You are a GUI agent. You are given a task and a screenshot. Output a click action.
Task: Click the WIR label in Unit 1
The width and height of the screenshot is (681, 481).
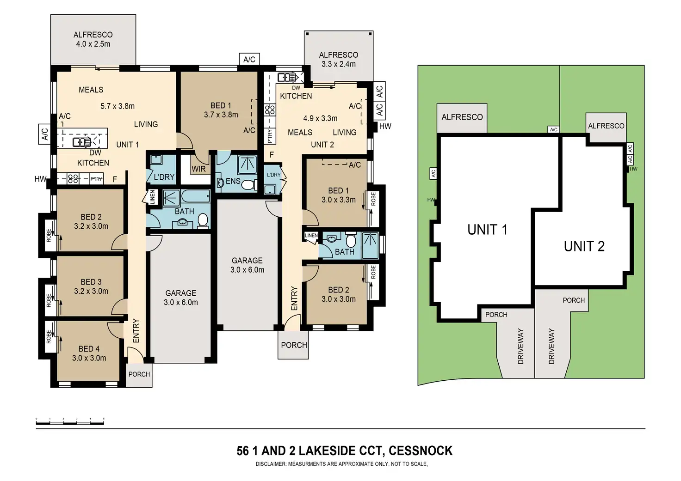coord(198,169)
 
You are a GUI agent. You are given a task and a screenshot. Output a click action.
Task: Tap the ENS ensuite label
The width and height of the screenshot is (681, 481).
coord(233,181)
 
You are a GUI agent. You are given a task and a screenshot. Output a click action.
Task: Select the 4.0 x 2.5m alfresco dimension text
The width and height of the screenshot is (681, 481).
coord(93,44)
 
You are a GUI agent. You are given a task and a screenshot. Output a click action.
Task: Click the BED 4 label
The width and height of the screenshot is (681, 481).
coord(89,348)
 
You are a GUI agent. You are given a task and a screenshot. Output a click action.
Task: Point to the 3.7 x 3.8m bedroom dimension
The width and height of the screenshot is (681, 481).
coord(221,115)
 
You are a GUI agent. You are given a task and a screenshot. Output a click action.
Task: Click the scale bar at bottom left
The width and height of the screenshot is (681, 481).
coord(70,421)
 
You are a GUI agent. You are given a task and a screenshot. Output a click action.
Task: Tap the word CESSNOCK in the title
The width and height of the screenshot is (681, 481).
coord(421,451)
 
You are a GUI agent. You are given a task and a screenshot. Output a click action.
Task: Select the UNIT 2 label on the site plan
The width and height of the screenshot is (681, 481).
coord(584,246)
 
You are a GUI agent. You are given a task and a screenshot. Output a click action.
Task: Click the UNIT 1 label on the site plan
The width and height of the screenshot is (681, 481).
coord(487,230)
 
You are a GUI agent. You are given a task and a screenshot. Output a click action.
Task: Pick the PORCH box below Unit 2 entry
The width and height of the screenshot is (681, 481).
coord(294,345)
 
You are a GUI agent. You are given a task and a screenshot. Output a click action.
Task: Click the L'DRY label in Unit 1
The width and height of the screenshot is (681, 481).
coord(164,177)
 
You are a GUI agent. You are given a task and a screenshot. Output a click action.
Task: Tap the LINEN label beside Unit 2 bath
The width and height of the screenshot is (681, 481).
coord(311,236)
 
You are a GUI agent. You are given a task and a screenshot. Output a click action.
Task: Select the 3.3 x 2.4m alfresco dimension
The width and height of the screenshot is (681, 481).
coord(338,64)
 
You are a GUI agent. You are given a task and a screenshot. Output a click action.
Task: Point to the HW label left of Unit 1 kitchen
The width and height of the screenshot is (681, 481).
coord(40,179)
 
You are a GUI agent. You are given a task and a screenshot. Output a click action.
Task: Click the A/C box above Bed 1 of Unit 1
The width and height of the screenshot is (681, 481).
coord(249,59)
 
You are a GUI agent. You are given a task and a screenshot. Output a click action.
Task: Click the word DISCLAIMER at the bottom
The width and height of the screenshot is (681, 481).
coord(271,464)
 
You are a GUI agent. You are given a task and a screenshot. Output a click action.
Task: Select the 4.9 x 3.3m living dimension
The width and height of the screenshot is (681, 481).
coord(320,118)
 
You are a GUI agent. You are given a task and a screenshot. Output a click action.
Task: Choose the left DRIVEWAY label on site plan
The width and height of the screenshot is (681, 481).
coord(520,347)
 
